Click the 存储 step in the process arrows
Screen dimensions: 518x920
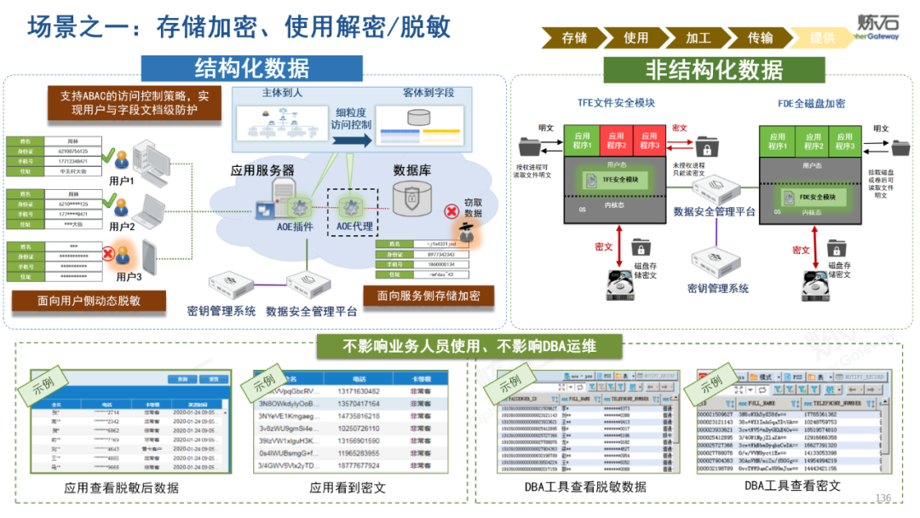pos(574,37)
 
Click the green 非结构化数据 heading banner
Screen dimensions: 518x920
pos(714,69)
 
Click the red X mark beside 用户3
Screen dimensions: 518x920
pos(108,253)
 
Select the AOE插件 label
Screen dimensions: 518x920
pos(295,227)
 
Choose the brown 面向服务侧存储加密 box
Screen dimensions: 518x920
pos(428,296)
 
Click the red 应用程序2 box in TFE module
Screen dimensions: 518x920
pos(615,140)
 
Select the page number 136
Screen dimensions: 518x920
pos(883,498)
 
